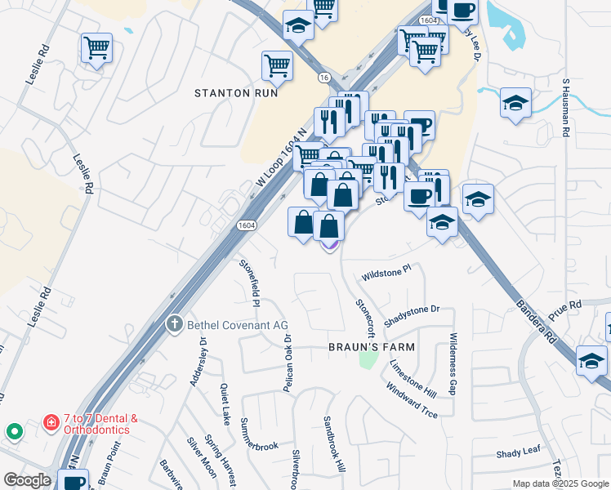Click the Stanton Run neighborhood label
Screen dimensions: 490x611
tap(236, 93)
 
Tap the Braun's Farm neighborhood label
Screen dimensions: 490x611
tap(372, 347)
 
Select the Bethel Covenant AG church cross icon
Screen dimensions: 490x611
tap(173, 325)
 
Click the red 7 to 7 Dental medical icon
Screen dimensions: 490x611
tap(51, 424)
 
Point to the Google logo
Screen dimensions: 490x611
tap(27, 480)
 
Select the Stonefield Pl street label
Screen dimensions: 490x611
tap(250, 283)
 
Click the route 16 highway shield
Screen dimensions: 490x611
tap(325, 77)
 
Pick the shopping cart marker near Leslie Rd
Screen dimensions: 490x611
tap(97, 47)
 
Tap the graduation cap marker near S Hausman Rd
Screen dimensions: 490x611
tap(515, 104)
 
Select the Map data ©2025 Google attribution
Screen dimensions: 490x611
tap(560, 483)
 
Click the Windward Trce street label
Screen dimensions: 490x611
tap(412, 400)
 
